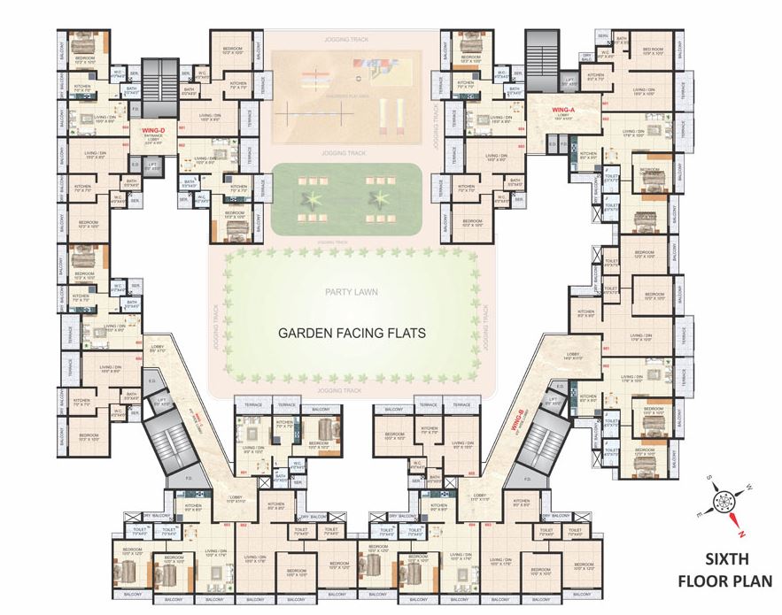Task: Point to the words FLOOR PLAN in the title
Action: [x=725, y=581]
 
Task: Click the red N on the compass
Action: [x=743, y=533]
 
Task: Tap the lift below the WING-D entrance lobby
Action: [x=152, y=165]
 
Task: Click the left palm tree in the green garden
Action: [x=312, y=196]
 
